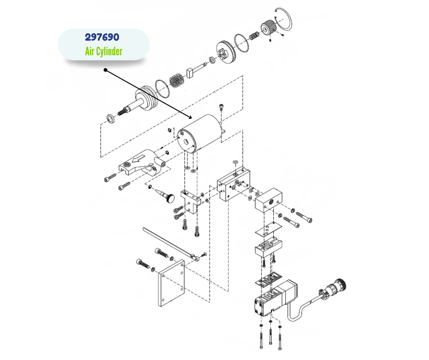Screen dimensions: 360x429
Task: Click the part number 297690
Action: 103,37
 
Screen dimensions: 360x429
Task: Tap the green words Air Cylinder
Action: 103,51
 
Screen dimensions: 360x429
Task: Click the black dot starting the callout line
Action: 105,70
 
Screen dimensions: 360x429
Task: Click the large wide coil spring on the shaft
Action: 178,80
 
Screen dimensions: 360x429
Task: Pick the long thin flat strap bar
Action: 169,242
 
